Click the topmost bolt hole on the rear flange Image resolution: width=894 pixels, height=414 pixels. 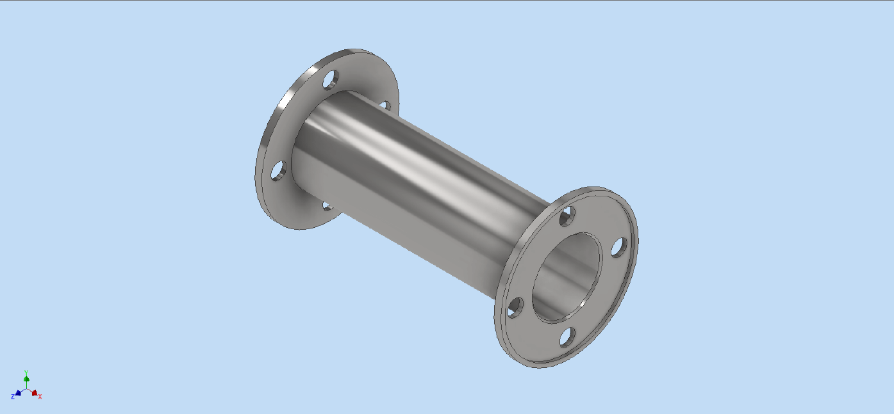click(x=331, y=79)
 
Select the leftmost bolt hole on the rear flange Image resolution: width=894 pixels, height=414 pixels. click(x=278, y=171)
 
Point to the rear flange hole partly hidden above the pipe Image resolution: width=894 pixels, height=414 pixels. click(x=385, y=105)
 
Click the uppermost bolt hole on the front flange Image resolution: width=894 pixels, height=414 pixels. click(x=567, y=216)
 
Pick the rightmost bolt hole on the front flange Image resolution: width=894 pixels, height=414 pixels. click(x=619, y=247)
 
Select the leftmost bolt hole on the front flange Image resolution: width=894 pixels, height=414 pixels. click(x=515, y=307)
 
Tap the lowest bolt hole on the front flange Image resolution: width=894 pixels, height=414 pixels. click(x=567, y=337)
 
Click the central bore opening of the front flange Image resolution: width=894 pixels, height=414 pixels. click(x=567, y=277)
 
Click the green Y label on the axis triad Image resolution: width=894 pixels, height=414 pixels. click(x=26, y=372)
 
